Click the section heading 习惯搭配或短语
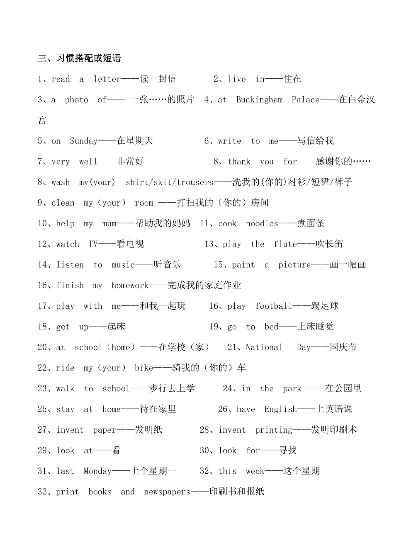pyautogui.click(x=79, y=58)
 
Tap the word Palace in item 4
pyautogui.click(x=305, y=100)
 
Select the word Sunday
pyautogui.click(x=83, y=141)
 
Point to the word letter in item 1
pyautogui.click(x=107, y=79)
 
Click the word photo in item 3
pyautogui.click(x=76, y=100)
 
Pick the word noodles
pyautogui.click(x=262, y=224)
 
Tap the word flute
pyautogui.click(x=285, y=244)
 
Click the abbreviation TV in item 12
pyautogui.click(x=93, y=244)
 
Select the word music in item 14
pyautogui.click(x=123, y=265)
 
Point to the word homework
pyautogui.click(x=130, y=286)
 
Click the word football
pyautogui.click(x=274, y=306)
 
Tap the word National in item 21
pyautogui.click(x=264, y=347)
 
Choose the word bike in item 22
pyautogui.click(x=144, y=368)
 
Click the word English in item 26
pyautogui.click(x=280, y=409)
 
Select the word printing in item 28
pyautogui.click(x=273, y=430)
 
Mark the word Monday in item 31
pyautogui.click(x=97, y=471)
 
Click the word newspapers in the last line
pyautogui.click(x=167, y=492)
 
